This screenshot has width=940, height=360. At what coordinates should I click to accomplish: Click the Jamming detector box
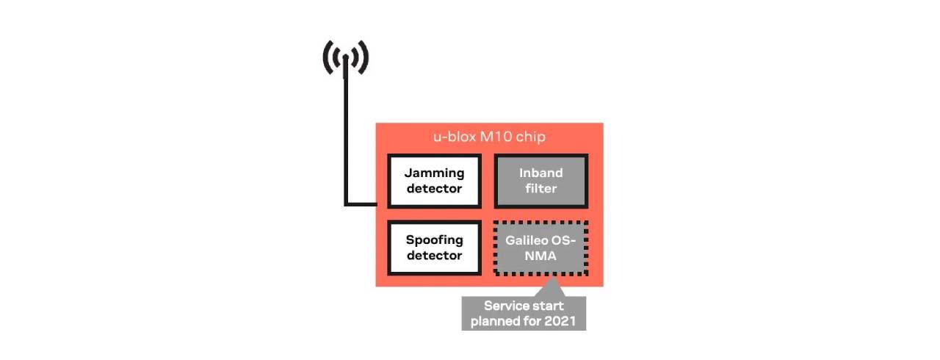point(434,181)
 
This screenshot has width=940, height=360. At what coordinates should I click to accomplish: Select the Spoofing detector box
point(434,248)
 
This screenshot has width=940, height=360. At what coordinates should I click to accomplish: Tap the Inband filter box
point(541,181)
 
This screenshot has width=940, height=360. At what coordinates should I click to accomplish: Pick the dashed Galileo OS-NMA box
point(541,248)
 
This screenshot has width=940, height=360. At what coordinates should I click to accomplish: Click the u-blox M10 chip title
point(489,137)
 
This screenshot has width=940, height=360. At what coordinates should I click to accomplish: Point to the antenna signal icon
point(345,58)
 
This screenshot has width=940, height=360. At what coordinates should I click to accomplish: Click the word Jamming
point(435,173)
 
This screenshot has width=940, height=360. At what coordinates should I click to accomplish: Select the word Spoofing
point(435,240)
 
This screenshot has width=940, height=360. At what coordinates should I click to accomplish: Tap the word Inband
point(541,173)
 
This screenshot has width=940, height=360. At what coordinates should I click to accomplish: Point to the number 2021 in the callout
point(562,321)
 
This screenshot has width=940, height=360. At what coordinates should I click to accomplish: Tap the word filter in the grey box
point(541,189)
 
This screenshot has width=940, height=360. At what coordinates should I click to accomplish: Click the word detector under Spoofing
point(435,256)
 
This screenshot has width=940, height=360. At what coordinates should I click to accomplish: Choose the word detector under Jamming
point(435,189)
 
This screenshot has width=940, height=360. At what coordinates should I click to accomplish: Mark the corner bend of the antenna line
point(346,204)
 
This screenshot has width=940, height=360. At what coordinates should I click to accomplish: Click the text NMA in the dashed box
point(541,256)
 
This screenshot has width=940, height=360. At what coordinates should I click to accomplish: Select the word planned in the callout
point(497,321)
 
